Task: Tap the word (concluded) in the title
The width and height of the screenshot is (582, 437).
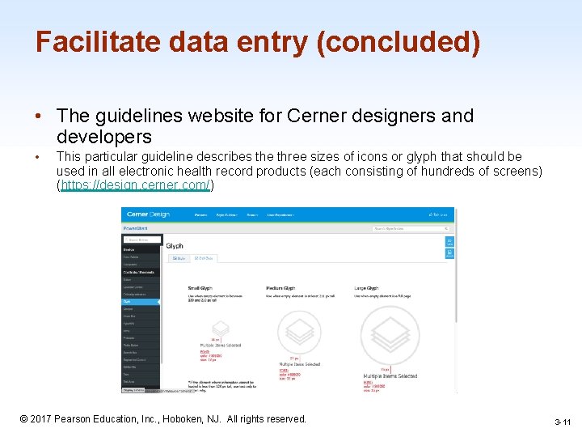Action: [x=399, y=43]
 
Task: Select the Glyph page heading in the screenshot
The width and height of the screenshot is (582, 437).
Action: [x=175, y=246]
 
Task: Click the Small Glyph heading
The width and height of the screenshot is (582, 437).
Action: [x=200, y=288]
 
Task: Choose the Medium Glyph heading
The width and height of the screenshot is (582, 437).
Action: [x=280, y=288]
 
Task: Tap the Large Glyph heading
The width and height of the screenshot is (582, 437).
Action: [x=366, y=288]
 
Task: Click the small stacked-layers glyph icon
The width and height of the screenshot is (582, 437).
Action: [x=216, y=329]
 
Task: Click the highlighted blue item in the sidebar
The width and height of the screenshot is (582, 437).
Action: [x=141, y=302]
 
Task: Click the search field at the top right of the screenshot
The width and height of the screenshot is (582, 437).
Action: [x=404, y=229]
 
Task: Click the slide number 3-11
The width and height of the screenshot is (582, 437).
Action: [x=562, y=422]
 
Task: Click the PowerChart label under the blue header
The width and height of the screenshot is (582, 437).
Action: [x=136, y=229]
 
